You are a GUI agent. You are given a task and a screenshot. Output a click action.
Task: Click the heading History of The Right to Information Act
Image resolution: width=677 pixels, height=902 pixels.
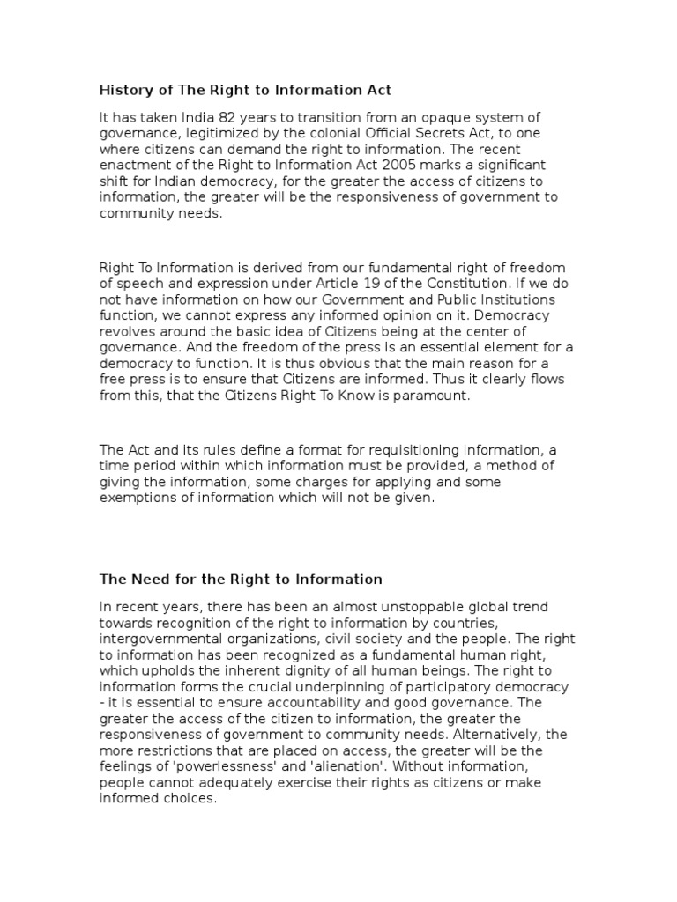(x=245, y=89)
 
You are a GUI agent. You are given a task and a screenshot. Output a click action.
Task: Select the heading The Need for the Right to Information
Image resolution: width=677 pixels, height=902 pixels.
(x=241, y=579)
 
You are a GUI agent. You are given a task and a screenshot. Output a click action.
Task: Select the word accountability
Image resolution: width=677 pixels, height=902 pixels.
(x=322, y=702)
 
